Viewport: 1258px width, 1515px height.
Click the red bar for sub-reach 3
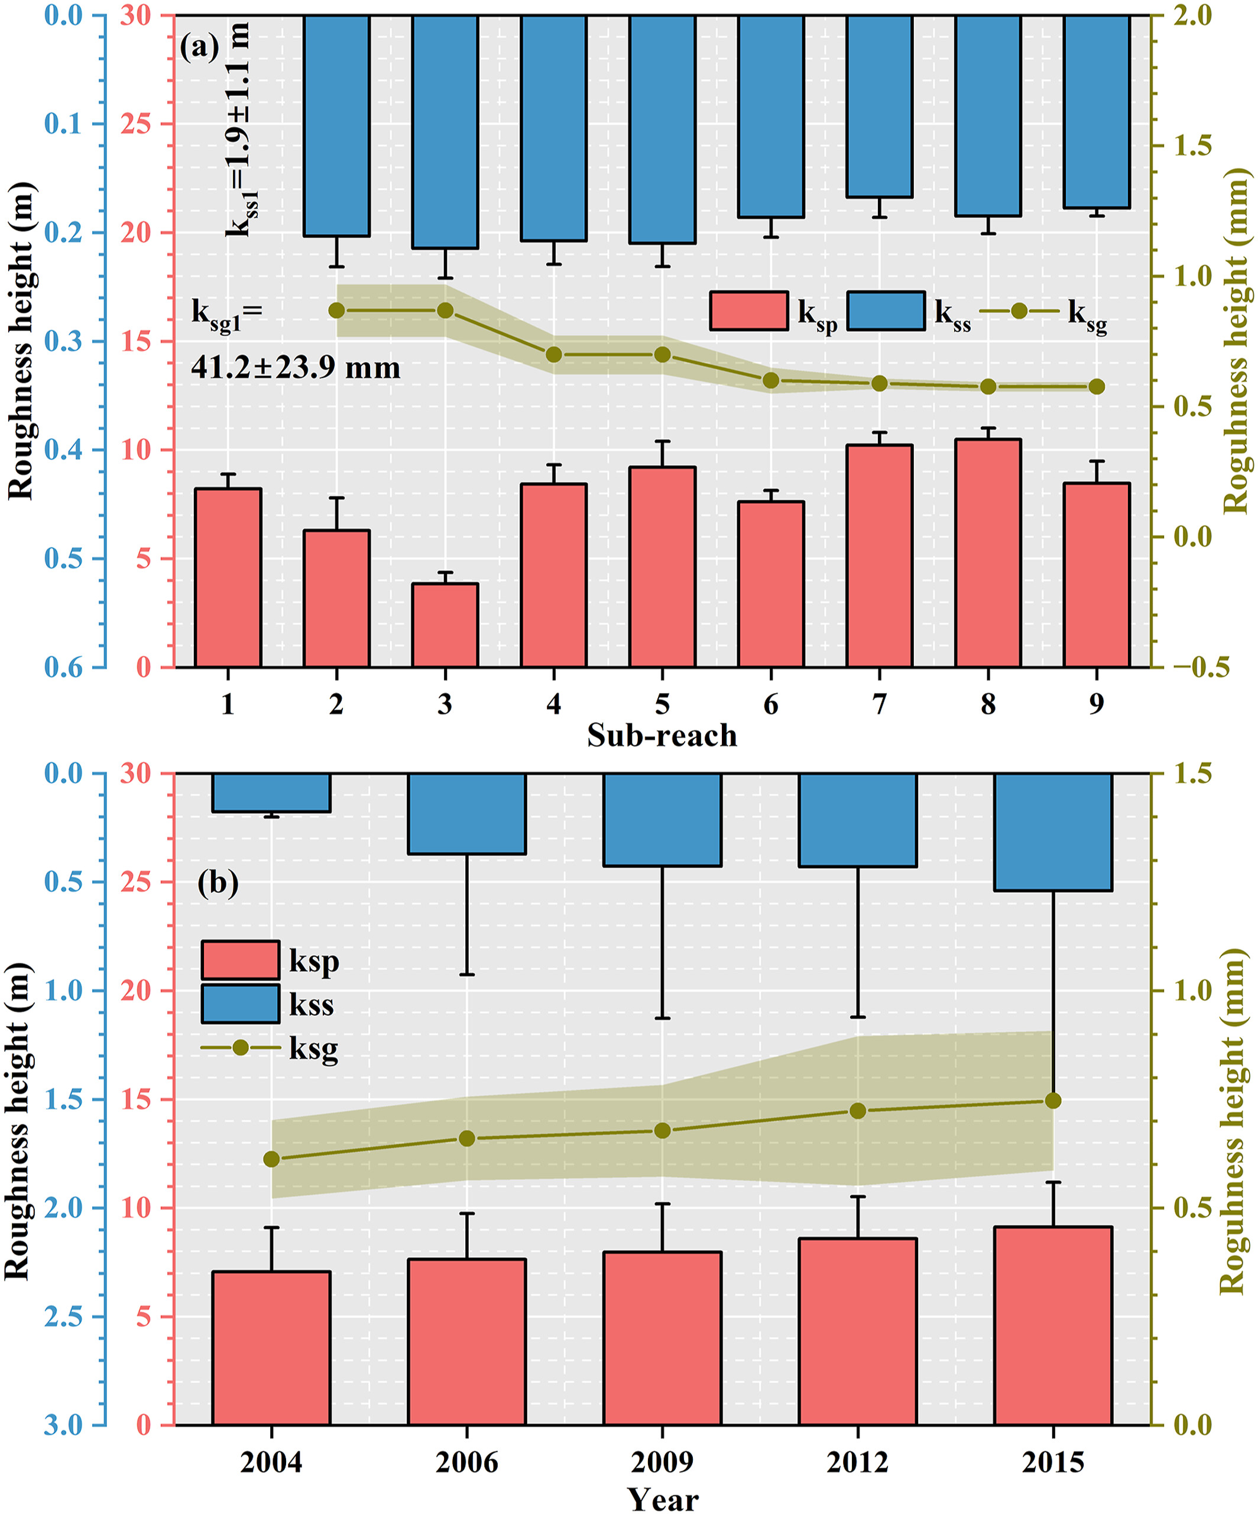[445, 625]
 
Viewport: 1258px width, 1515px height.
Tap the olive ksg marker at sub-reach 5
[663, 355]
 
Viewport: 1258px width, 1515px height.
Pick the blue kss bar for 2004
[271, 792]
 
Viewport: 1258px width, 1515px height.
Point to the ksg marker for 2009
[663, 1131]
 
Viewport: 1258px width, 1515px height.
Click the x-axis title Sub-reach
[662, 736]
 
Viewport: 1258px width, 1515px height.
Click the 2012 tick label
[858, 1462]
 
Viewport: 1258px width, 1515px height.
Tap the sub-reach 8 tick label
[988, 704]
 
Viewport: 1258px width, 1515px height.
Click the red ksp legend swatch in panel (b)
[240, 960]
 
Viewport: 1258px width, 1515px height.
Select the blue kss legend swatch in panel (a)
[886, 311]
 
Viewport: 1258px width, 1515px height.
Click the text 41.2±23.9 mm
[296, 368]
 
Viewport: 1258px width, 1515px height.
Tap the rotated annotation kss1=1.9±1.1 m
[238, 130]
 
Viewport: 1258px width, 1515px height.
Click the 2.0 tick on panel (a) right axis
[1192, 15]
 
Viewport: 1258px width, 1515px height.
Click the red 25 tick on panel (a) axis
[135, 124]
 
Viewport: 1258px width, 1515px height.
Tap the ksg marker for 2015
[1053, 1100]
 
